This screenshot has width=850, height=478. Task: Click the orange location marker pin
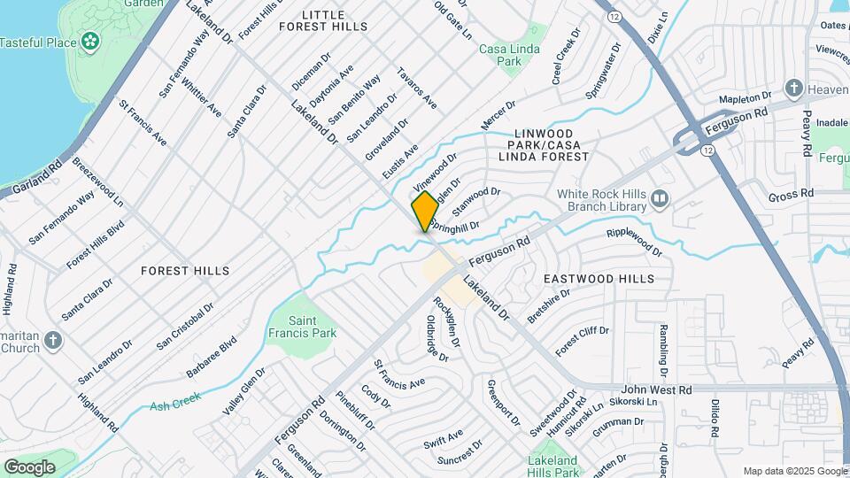[x=425, y=212]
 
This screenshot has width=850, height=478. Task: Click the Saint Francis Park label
[x=314, y=327]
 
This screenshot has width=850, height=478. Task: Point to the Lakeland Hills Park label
[x=552, y=466]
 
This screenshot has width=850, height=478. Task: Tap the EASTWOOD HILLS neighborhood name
[x=599, y=279]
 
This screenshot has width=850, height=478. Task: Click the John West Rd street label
[x=656, y=389]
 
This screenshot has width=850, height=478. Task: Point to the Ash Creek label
[x=171, y=405]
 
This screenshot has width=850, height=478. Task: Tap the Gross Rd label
[x=791, y=194]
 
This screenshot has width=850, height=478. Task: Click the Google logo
[x=29, y=466]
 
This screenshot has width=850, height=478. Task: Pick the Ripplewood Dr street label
[x=634, y=243]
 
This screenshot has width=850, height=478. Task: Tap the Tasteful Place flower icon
[x=89, y=41]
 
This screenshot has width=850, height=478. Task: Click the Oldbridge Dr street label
[x=437, y=339]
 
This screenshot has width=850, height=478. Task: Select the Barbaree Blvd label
[x=212, y=358]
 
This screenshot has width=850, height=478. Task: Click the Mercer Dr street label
[x=498, y=118]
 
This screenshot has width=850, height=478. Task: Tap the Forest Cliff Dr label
[x=582, y=342]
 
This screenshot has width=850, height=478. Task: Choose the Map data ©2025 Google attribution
[x=795, y=471]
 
